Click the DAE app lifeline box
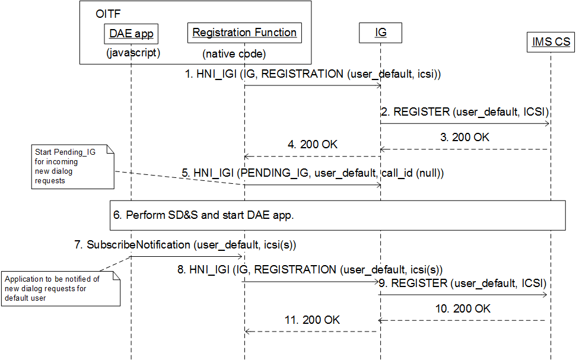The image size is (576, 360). [131, 34]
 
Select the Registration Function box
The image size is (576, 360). [244, 33]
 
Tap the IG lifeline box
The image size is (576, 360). [380, 33]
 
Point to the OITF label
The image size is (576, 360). [107, 14]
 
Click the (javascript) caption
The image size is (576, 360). [132, 53]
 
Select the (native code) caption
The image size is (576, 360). [234, 54]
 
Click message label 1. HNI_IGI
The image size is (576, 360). [311, 74]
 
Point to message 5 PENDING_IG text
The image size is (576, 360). [313, 173]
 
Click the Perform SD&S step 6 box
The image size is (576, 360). [337, 215]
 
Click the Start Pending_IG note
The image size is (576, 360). [72, 168]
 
